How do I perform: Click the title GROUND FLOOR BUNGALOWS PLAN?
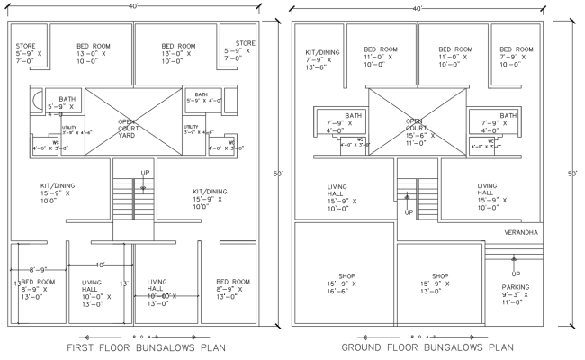coord(428,347)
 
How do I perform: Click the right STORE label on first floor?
coord(246,50)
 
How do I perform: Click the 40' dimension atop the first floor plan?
coord(133,5)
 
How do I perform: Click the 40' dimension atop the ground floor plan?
coord(418,6)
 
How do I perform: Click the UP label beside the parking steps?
coord(516,274)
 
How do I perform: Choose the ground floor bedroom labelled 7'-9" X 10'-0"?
coord(517,57)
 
